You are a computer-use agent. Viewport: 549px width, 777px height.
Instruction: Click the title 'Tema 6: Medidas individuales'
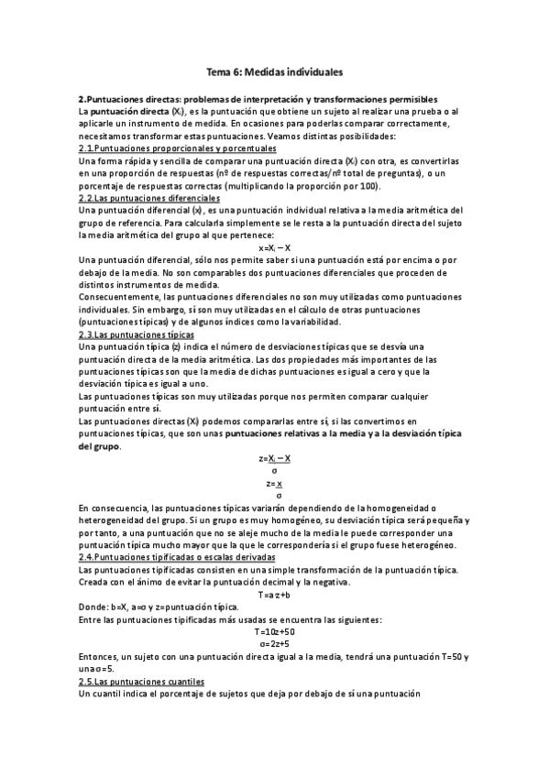274,71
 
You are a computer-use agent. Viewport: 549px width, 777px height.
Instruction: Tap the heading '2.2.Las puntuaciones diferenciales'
149,197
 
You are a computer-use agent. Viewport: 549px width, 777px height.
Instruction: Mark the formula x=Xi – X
275,247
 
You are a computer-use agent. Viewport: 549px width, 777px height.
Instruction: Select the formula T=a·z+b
275,595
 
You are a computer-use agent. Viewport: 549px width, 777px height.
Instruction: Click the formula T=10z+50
275,632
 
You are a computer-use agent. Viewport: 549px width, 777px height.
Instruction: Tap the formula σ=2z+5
275,644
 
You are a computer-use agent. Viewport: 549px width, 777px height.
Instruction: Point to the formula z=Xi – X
275,458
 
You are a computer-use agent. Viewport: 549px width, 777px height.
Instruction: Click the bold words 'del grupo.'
100,446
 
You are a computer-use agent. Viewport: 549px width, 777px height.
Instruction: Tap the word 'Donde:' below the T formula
93,607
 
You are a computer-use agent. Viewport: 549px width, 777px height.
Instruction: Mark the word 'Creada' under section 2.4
94,582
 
